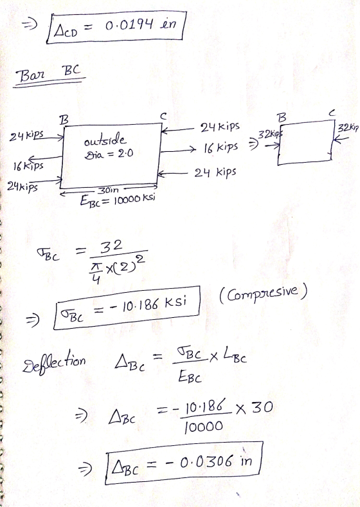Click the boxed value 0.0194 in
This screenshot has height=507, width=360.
click(141, 25)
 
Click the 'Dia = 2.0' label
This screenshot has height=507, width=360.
click(109, 154)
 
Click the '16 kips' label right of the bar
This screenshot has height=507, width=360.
click(221, 148)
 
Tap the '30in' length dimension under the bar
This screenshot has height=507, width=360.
click(108, 191)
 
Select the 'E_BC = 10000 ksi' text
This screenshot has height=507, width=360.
click(117, 200)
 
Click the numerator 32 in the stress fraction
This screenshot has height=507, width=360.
click(111, 246)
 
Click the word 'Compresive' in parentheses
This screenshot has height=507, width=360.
click(263, 293)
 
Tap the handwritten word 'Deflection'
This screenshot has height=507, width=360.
click(54, 364)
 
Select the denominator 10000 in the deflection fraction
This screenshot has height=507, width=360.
click(203, 427)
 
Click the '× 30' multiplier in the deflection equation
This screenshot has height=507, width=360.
click(254, 408)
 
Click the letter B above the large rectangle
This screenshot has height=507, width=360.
click(64, 120)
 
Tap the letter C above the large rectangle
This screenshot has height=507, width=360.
click(163, 116)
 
